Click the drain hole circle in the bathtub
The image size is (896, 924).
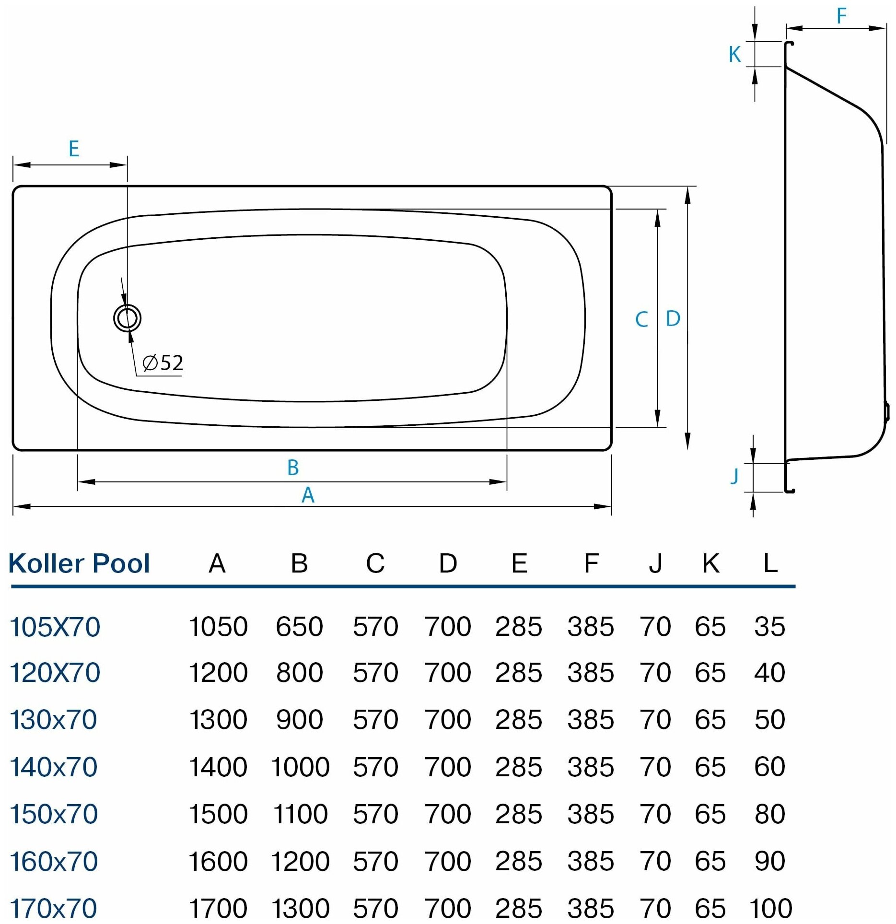(128, 318)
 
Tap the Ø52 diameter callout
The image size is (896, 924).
(163, 363)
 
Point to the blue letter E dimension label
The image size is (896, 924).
(73, 149)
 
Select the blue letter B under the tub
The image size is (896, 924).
(293, 468)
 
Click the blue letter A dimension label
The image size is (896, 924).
(308, 495)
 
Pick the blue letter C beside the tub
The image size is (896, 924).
(641, 319)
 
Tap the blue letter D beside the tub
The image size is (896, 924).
(673, 318)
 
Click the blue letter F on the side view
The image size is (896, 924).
(841, 16)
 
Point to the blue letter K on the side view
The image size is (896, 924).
(734, 55)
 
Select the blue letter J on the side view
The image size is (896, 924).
(734, 476)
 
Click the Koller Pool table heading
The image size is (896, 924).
(79, 563)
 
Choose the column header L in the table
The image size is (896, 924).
(770, 563)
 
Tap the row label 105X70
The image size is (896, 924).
(55, 627)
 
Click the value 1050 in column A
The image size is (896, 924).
(218, 627)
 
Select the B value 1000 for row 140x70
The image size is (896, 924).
(300, 767)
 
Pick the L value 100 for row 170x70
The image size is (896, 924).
(770, 908)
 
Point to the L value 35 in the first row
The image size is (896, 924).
(769, 627)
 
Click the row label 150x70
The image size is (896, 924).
(54, 814)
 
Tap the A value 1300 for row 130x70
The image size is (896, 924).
(218, 719)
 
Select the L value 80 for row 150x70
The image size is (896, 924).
(769, 814)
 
